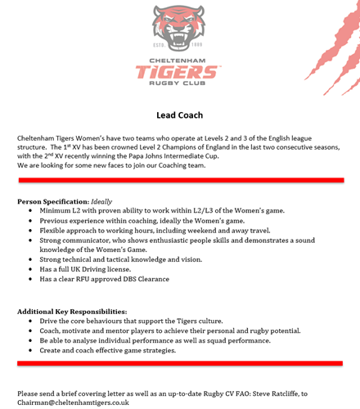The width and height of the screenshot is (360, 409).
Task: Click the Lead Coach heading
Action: point(179,115)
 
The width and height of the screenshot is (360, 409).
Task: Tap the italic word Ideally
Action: point(102,201)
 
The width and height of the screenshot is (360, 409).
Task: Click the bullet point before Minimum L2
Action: point(31,211)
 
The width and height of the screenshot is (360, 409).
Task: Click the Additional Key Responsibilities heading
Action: point(72,312)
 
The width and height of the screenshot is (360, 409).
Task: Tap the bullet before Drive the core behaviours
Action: point(31,321)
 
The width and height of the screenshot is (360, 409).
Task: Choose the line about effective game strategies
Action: point(107,351)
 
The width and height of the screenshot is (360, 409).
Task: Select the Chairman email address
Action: point(74,402)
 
